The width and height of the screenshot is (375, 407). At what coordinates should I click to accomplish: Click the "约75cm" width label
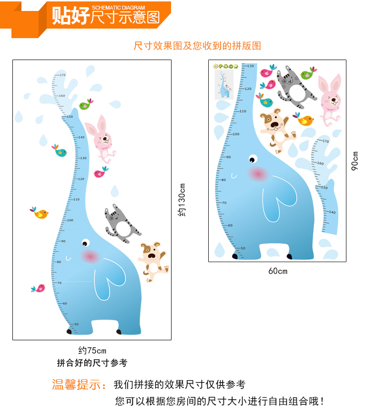pos(92,351)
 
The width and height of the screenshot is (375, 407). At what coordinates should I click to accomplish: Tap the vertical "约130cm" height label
pos(182,200)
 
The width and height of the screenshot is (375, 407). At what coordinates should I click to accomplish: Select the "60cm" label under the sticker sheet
pos(277,271)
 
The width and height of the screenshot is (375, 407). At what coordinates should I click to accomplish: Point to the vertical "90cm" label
pos(355,161)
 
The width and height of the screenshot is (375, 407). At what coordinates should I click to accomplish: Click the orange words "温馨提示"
pos(79,385)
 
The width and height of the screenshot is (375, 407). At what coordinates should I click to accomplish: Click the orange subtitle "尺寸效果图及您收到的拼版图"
pos(197,46)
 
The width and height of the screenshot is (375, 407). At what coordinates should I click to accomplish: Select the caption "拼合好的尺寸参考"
pos(92,363)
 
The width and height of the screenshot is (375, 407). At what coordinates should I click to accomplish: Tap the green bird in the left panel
pos(86,104)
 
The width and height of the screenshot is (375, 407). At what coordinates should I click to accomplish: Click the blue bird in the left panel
pos(60,151)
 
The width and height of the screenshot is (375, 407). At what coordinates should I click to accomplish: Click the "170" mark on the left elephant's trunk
pos(62,75)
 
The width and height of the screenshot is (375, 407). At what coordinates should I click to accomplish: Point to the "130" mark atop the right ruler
pos(251,66)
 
